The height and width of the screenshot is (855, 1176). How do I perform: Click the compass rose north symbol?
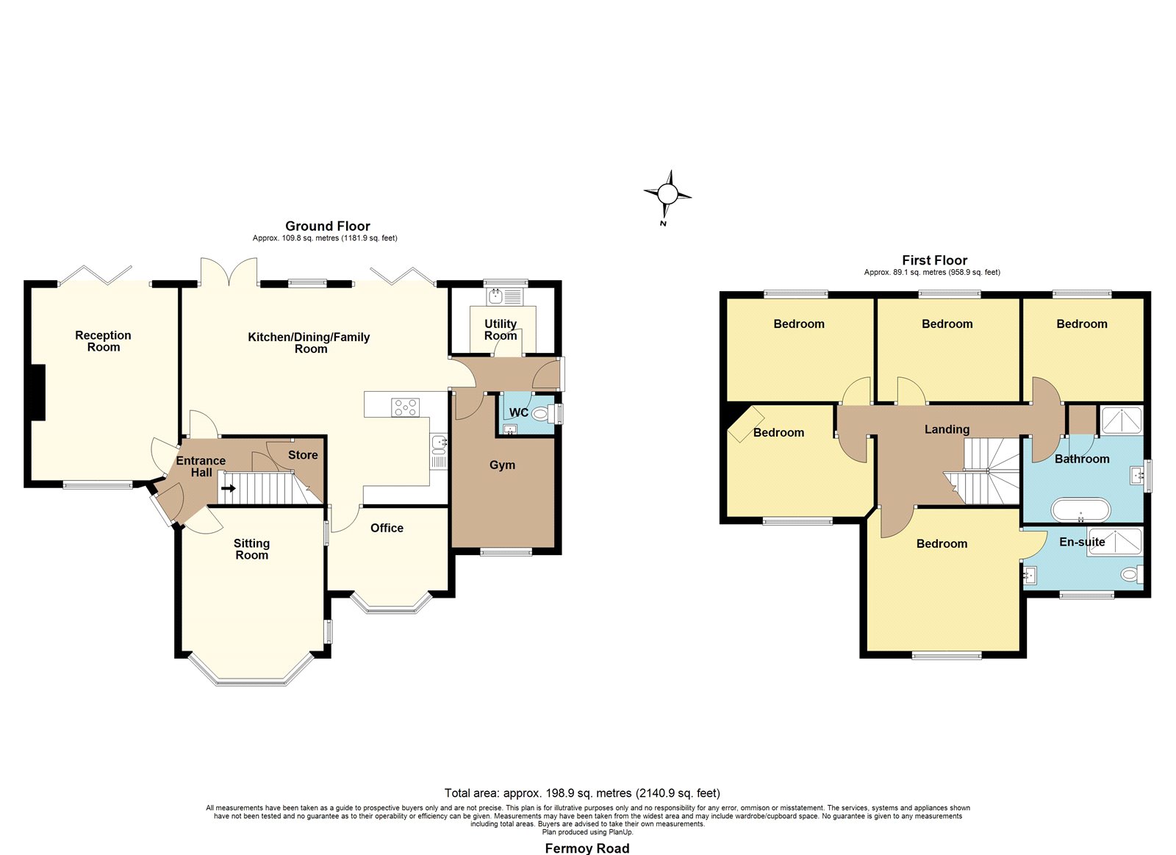[x=667, y=194]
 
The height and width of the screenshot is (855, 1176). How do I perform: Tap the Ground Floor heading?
[x=328, y=226]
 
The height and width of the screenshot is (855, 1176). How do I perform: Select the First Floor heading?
[x=934, y=260]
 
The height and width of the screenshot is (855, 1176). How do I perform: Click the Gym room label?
[x=503, y=465]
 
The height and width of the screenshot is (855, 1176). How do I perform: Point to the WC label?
[x=519, y=412]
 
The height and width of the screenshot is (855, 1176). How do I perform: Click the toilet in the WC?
[x=543, y=415]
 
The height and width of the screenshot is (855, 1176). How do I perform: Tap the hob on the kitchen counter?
[x=405, y=407]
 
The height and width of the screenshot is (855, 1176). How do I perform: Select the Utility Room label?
[x=501, y=330]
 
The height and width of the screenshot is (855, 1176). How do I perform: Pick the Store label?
[x=303, y=455]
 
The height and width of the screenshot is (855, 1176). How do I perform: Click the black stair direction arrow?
[x=229, y=488]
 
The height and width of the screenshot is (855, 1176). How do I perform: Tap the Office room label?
[x=387, y=528]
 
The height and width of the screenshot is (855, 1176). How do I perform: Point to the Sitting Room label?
[x=251, y=549]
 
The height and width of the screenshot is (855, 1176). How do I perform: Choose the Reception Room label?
[x=104, y=341]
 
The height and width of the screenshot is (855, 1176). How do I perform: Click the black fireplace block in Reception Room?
[x=38, y=393]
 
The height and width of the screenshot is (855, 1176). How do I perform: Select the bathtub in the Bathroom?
[x=1080, y=510]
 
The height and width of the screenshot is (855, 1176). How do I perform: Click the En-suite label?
[x=1082, y=542]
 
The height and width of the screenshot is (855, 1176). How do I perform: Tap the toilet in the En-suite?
[x=1132, y=574]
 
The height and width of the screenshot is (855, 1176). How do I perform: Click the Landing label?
[x=947, y=429]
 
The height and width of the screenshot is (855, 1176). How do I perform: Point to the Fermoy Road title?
[x=587, y=848]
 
